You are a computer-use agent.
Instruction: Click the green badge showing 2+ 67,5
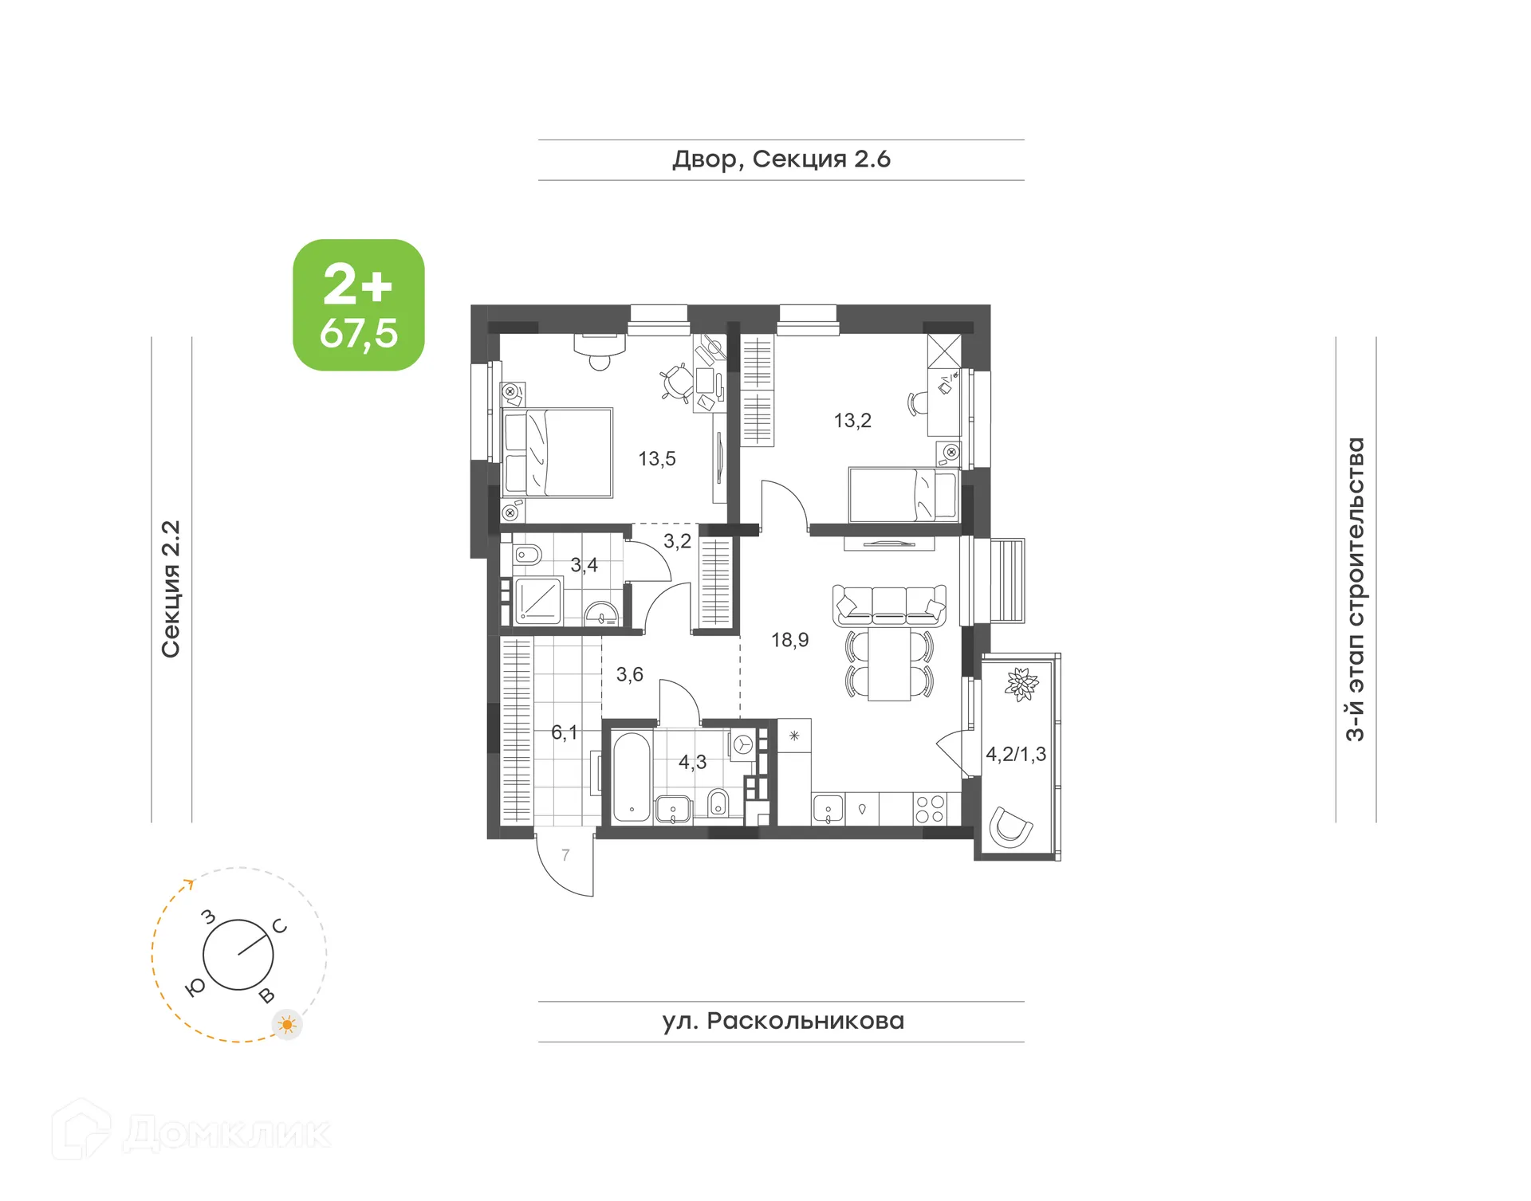pos(358,304)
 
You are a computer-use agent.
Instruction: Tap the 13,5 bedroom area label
pos(656,459)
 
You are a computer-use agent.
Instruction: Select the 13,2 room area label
pos(852,421)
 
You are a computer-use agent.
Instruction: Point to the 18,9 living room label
pos(789,640)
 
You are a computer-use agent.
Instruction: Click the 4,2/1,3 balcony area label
pos(1015,754)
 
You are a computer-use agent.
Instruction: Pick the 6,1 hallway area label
pos(564,732)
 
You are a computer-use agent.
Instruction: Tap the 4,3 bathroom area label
pos(692,763)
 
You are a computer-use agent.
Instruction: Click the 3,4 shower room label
pos(584,565)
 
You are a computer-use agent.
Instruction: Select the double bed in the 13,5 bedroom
pos(557,453)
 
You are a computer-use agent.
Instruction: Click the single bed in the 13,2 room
pos(903,495)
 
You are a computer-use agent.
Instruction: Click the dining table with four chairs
pos(888,665)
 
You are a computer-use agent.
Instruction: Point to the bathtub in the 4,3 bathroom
pos(632,777)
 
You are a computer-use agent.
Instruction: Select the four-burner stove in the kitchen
pos(929,809)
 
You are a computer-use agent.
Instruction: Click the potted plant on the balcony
pos(1021,684)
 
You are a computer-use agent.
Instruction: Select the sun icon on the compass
pos(287,1024)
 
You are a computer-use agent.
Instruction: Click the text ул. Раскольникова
pos(782,1022)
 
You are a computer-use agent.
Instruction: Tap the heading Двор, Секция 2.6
pos(781,159)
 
